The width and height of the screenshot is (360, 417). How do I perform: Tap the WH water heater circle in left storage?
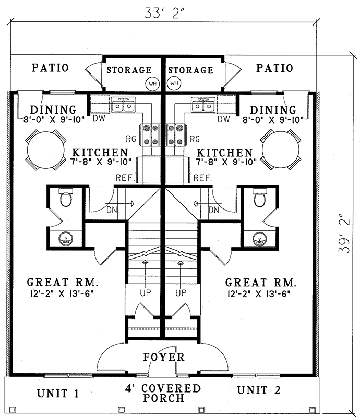[x=152, y=83]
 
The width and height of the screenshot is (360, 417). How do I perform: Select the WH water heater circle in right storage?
[x=174, y=83]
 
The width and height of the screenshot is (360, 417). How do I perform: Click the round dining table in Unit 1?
[x=45, y=150]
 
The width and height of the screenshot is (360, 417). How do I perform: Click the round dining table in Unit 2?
[x=281, y=150]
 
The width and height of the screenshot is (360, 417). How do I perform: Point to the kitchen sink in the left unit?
[x=124, y=106]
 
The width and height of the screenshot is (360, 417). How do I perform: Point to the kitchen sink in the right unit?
[x=203, y=106]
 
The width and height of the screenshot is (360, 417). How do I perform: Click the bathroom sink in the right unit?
[x=259, y=239]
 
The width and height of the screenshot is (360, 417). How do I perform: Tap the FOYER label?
[x=164, y=357]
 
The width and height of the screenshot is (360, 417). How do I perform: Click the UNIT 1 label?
[x=58, y=393]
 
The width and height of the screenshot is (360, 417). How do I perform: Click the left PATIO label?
[x=50, y=68]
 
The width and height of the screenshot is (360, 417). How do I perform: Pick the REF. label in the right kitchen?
[x=203, y=178]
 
